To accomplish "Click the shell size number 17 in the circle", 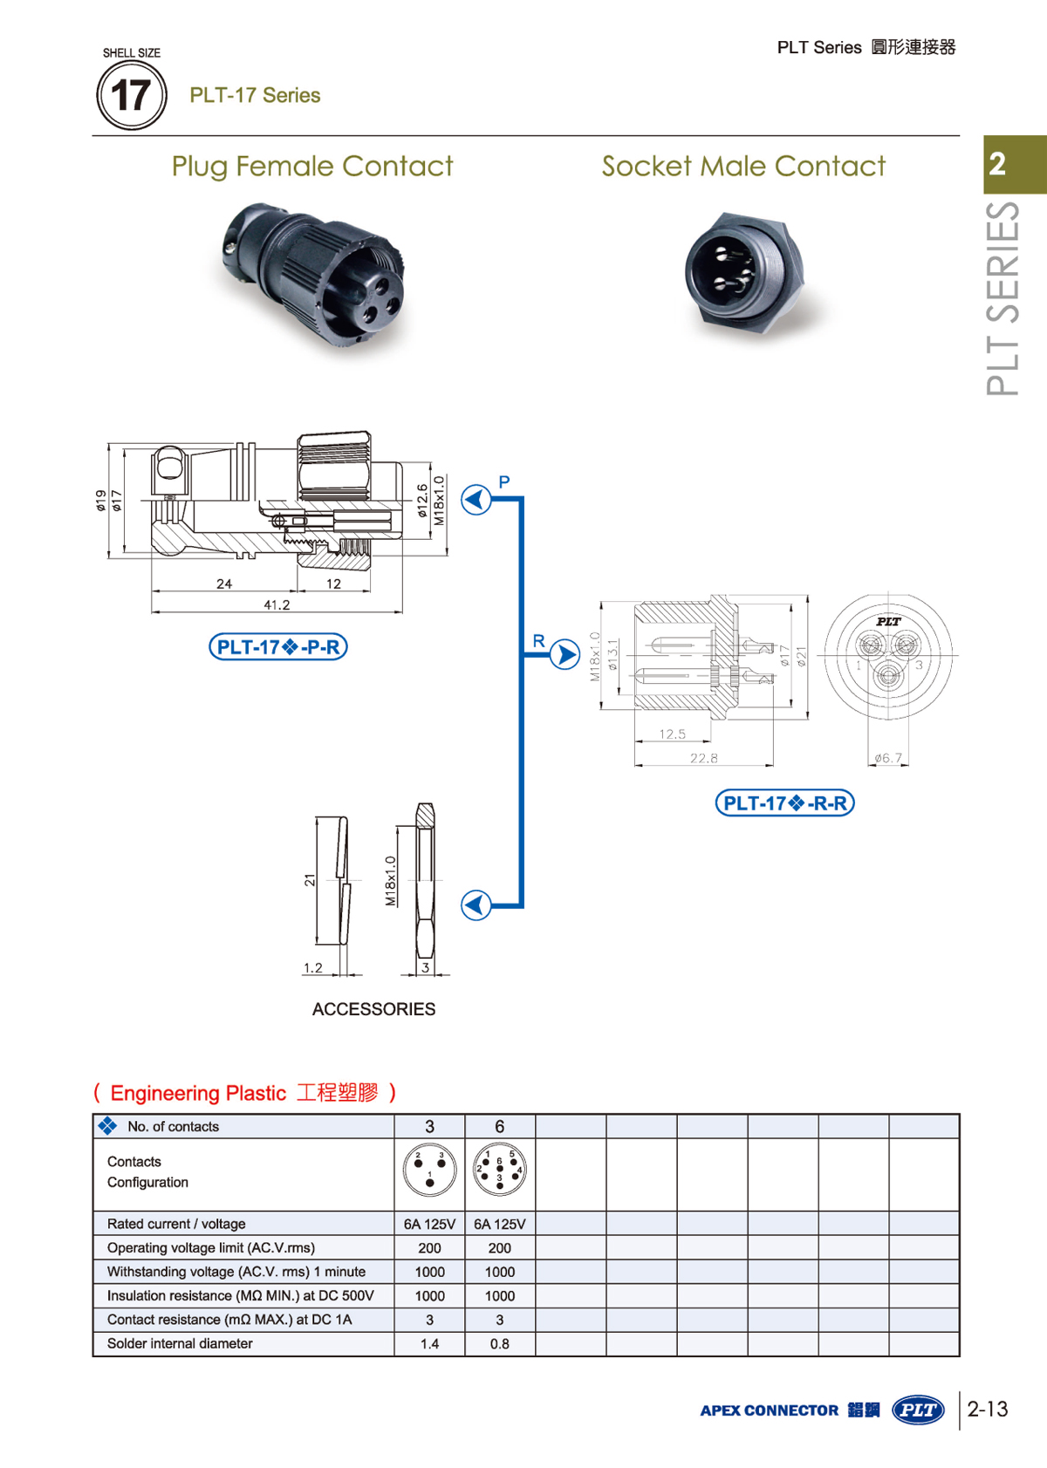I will (131, 95).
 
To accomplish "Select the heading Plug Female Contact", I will (311, 166).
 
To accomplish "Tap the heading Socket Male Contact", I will (743, 166).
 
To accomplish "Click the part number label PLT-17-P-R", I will (278, 647).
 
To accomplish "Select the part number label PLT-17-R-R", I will (784, 802).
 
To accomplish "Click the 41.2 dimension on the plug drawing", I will (277, 604).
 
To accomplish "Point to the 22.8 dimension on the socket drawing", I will (703, 758).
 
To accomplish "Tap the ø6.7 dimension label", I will (888, 758).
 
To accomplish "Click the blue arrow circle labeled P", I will (476, 500).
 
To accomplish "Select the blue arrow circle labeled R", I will (565, 654).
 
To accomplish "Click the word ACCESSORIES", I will (373, 1009).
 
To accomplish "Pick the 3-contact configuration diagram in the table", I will (429, 1170).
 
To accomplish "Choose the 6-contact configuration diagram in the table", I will (499, 1170).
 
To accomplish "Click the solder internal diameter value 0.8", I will (499, 1344).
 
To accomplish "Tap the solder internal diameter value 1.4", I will (429, 1344).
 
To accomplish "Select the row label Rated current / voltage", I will (176, 1224).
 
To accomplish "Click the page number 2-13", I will (988, 1409).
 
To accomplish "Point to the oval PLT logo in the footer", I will (918, 1410).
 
